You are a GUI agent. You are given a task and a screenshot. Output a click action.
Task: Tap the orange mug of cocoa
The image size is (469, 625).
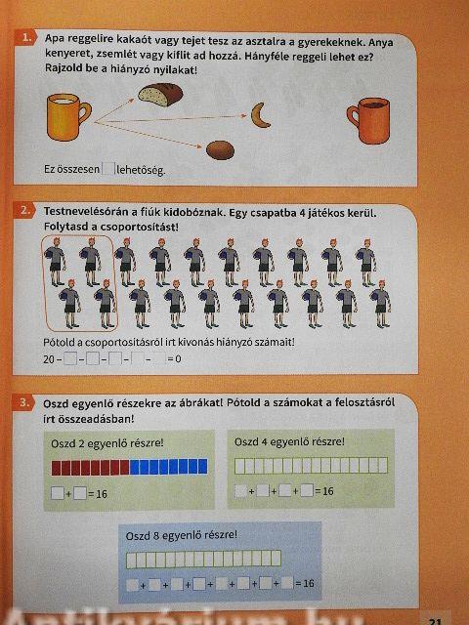pos(369,120)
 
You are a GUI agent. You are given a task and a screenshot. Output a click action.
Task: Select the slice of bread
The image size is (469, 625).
pos(160,95)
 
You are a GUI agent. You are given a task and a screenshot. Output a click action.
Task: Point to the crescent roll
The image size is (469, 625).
pos(261,115)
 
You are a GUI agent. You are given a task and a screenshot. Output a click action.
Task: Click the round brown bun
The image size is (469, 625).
pos(220,150)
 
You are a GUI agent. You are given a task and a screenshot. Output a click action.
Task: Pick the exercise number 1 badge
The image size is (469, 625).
pos(26,38)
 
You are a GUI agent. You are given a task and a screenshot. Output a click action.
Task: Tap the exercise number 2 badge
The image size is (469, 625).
pos(24,210)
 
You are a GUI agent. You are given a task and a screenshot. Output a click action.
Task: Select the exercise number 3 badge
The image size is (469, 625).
pos(24,402)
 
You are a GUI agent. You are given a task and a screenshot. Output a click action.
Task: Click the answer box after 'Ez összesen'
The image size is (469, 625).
pos(108,169)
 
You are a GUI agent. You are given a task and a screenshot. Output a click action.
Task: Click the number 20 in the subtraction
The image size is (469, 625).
pos(49,359)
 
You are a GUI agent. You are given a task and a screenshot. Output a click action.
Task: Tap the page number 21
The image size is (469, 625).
pos(435,621)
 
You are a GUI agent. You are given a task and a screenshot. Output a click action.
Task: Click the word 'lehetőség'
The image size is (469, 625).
pos(141,170)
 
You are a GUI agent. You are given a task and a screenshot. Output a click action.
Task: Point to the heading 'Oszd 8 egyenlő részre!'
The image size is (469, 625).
pos(182,535)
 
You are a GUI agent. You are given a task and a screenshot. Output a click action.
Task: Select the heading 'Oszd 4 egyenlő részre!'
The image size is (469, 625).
pos(289,441)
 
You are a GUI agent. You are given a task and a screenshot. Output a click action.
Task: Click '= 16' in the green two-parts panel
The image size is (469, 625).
pos(98,494)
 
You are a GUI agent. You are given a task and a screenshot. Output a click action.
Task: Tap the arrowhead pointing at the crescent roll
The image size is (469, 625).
pos(244,116)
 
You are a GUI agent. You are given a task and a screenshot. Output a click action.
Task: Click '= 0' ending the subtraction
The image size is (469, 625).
pos(174,359)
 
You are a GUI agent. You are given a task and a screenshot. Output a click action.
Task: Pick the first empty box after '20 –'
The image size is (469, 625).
pos(70,359)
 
